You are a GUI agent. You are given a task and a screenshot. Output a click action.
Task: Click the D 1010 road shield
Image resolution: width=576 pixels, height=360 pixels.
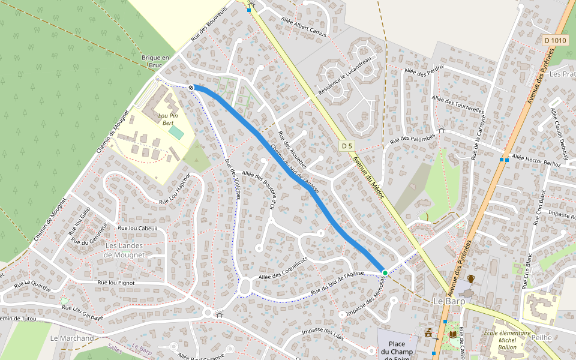(555, 40)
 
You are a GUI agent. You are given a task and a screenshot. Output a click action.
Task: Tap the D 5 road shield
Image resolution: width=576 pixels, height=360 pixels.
(347, 146)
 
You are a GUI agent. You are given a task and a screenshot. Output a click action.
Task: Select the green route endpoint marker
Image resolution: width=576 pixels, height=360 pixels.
(385, 273)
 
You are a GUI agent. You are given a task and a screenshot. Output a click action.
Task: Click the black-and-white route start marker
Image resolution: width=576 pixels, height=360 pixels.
(191, 88)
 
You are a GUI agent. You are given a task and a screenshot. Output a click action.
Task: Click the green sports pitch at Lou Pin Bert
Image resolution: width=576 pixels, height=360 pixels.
(176, 132)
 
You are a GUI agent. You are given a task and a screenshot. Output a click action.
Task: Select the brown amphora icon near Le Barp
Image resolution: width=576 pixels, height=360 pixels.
(471, 278)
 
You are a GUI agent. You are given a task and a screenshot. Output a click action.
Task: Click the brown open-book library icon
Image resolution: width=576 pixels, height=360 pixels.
(452, 333)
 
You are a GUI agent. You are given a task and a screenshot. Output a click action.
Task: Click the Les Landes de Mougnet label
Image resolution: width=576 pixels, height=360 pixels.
(124, 250)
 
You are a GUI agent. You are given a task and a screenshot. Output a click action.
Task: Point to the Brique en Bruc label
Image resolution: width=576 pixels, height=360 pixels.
(156, 61)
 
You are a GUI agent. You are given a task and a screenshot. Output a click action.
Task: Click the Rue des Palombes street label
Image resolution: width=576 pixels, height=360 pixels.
(412, 140)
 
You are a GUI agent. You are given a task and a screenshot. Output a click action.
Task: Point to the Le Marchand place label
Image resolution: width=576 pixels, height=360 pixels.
(72, 338)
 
